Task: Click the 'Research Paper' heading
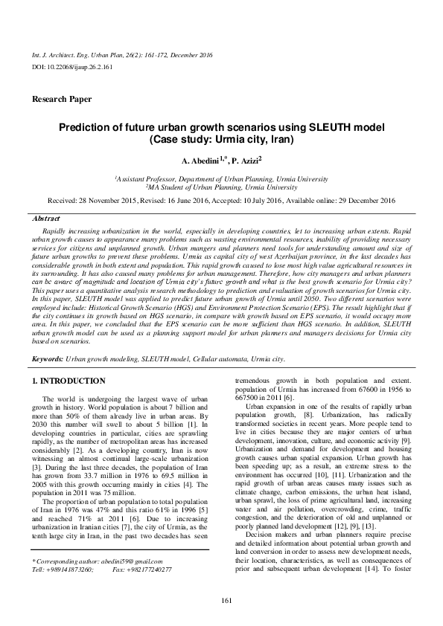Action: coord(62,99)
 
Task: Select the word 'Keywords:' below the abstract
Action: coord(48,358)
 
